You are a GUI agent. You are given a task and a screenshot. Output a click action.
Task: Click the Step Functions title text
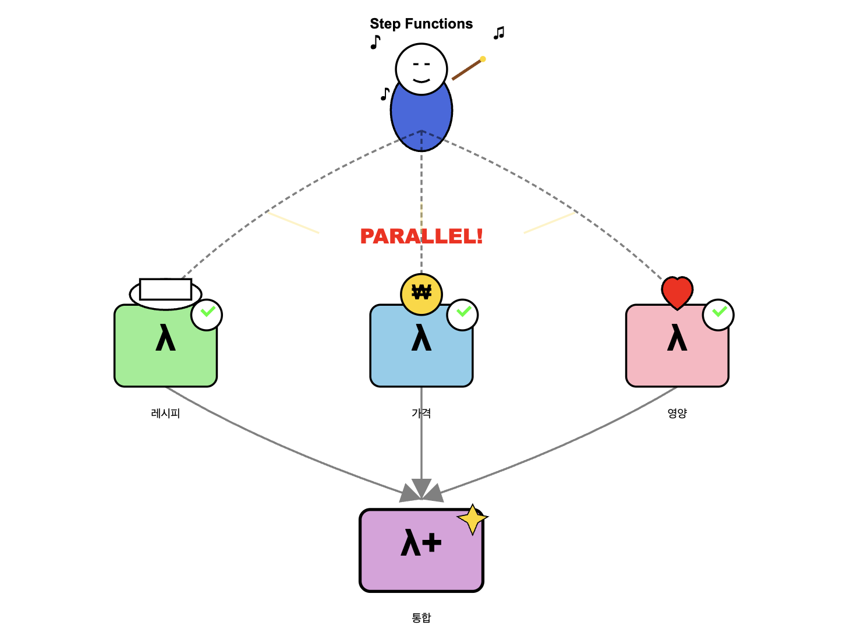click(x=421, y=24)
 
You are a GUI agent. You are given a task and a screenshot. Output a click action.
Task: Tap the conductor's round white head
click(x=421, y=69)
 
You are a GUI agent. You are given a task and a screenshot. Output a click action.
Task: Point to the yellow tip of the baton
click(x=483, y=59)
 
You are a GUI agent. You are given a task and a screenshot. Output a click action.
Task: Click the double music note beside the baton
click(x=499, y=33)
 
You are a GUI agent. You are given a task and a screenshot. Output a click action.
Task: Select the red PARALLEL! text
click(x=421, y=236)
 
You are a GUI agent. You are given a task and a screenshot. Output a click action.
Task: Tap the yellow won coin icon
click(x=421, y=294)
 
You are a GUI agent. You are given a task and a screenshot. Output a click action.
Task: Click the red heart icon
click(x=677, y=292)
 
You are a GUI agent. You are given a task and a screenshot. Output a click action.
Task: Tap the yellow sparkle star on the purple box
click(x=472, y=519)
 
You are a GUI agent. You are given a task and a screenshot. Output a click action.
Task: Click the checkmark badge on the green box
click(x=207, y=315)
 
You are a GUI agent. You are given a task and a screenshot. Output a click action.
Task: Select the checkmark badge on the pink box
click(x=718, y=315)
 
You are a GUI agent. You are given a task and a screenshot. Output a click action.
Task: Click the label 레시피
click(x=165, y=414)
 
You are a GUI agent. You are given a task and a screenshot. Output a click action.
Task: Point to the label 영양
click(x=677, y=414)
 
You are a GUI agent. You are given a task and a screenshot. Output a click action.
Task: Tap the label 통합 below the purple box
click(x=421, y=618)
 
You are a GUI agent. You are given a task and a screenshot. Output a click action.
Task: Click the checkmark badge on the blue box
click(x=462, y=315)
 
